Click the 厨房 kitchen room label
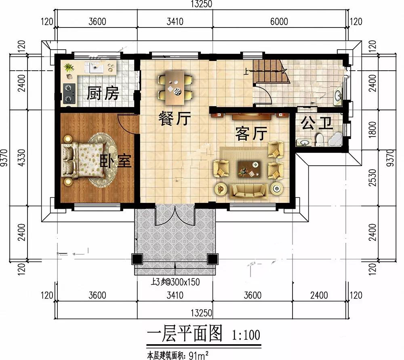click(103, 93)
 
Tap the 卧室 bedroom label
click(116, 161)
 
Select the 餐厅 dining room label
click(175, 118)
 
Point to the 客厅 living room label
click(251, 133)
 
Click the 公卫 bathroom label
click(317, 123)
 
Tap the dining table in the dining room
click(175, 88)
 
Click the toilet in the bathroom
click(320, 139)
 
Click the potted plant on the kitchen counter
click(69, 68)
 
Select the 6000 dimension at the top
click(279, 21)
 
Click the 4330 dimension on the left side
click(22, 158)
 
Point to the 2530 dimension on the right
click(372, 177)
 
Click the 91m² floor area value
click(198, 356)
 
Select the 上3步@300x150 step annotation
click(175, 282)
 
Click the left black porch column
click(137, 259)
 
